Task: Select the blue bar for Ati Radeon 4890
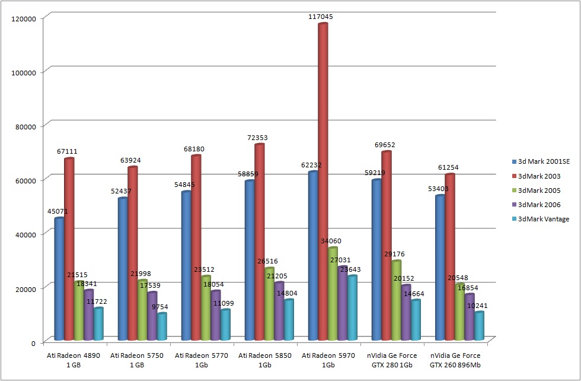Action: [x=59, y=279]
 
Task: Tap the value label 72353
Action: [x=259, y=138]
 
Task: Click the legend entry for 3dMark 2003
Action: [x=539, y=176]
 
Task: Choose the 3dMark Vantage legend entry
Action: [x=543, y=219]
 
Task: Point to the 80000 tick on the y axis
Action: [x=24, y=126]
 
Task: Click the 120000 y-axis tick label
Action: [x=23, y=18]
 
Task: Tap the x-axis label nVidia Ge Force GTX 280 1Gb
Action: [x=392, y=360]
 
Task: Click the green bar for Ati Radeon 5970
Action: [x=333, y=293]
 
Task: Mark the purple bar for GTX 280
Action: [x=406, y=312]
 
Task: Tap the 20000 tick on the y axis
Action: [x=24, y=288]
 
